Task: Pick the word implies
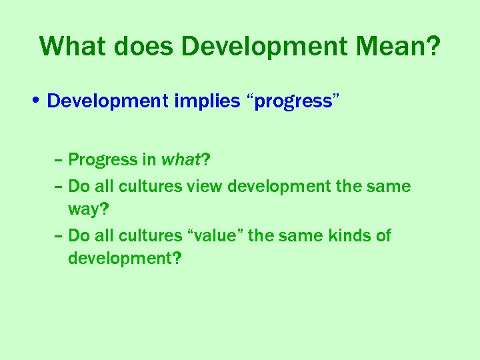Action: pyautogui.click(x=207, y=101)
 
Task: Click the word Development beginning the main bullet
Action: pyautogui.click(x=107, y=101)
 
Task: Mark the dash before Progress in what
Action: pyautogui.click(x=59, y=160)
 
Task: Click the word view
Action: pyautogui.click(x=205, y=186)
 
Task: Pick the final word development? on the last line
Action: pyautogui.click(x=124, y=259)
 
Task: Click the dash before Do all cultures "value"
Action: pyautogui.click(x=59, y=235)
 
